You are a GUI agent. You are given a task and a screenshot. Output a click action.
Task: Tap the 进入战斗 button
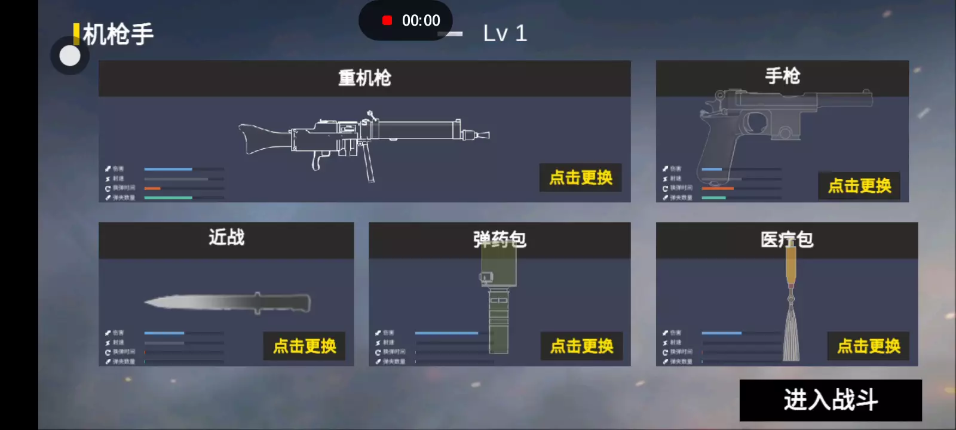(x=831, y=400)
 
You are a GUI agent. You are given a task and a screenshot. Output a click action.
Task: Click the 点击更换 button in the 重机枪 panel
(x=581, y=177)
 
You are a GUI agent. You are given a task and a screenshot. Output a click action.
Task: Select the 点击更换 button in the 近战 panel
(x=305, y=346)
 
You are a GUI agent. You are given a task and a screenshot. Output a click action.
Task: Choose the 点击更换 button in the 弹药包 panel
(x=581, y=346)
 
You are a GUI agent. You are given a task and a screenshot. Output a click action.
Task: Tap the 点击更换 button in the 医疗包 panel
(x=869, y=346)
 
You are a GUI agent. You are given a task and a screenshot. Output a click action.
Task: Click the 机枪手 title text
(x=118, y=34)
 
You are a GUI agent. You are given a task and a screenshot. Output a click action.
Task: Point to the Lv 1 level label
(x=505, y=33)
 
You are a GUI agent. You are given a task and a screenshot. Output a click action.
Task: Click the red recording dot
(x=387, y=21)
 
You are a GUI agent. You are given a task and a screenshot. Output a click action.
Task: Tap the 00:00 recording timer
(x=421, y=21)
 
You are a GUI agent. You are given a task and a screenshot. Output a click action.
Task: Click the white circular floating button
(x=70, y=56)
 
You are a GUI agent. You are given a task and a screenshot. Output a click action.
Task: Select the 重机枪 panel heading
(x=364, y=78)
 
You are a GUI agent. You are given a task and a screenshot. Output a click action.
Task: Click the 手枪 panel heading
(x=782, y=76)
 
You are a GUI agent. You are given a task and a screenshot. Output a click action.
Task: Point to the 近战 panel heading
(x=226, y=238)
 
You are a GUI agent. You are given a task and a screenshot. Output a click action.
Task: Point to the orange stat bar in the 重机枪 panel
(x=152, y=188)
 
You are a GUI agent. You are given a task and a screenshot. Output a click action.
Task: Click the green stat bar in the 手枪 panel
(x=713, y=198)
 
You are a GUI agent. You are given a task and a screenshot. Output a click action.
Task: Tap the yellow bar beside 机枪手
(x=76, y=34)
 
